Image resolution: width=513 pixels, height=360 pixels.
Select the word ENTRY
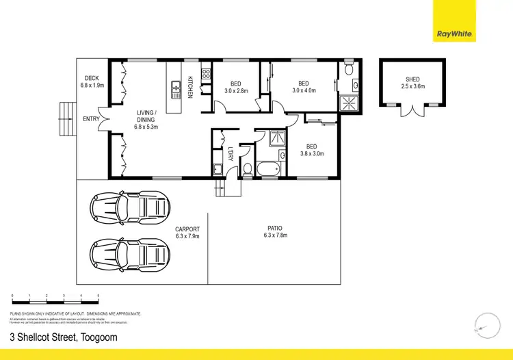[x=90, y=118]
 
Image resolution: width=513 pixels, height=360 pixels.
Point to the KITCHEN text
[x=190, y=88]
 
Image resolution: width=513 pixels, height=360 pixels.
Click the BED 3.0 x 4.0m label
[x=304, y=86]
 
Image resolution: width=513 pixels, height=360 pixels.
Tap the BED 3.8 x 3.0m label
[x=312, y=149]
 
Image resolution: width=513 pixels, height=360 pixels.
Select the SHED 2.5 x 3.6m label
[x=412, y=83]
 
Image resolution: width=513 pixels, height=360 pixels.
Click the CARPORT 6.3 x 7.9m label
[x=187, y=233]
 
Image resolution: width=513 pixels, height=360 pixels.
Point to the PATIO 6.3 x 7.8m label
[x=275, y=231]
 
